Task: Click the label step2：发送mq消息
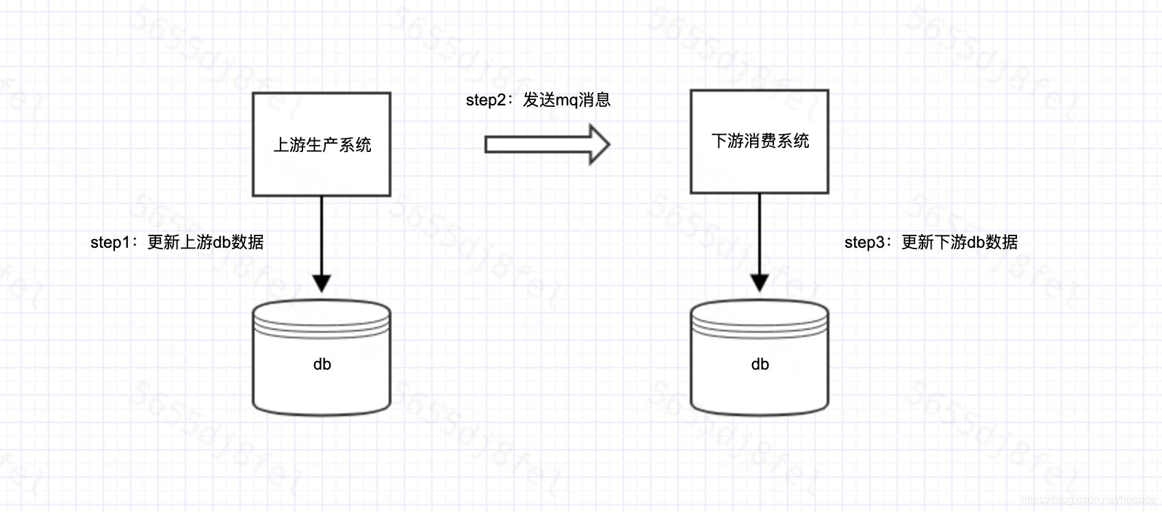coord(538,100)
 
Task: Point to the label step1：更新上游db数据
coord(177,242)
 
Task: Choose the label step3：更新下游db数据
coord(931,242)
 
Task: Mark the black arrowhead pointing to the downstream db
coord(760,282)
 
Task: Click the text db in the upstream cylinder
coord(322,364)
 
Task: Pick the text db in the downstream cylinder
coord(760,364)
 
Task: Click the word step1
coord(110,242)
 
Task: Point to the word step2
coord(486,100)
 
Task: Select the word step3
coord(864,242)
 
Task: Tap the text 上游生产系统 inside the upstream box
coord(322,144)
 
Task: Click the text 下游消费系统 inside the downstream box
coord(760,141)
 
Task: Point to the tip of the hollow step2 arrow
coord(607,144)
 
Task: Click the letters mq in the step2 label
coord(567,101)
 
